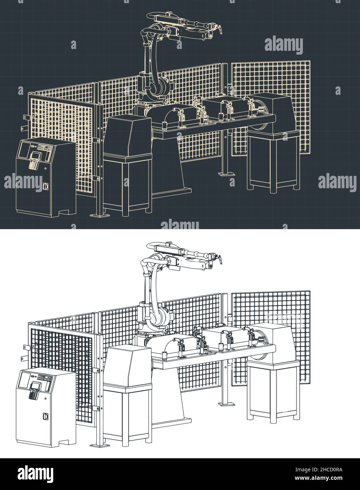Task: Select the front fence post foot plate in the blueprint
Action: [x=97, y=214]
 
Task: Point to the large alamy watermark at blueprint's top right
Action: [x=283, y=45]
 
